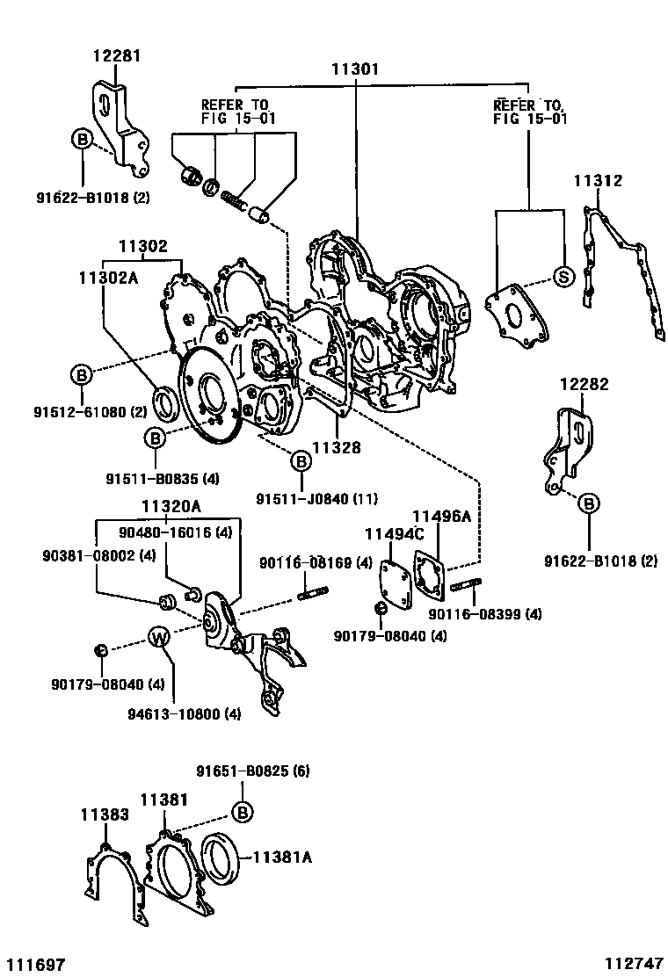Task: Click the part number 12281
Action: point(117,56)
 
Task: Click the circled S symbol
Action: point(563,276)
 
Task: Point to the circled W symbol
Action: point(158,637)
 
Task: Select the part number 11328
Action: point(337,447)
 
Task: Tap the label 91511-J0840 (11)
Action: point(303,500)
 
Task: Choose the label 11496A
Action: point(442,516)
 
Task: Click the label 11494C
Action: point(395,534)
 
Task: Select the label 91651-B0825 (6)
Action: point(252,771)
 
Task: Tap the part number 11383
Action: point(105,814)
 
